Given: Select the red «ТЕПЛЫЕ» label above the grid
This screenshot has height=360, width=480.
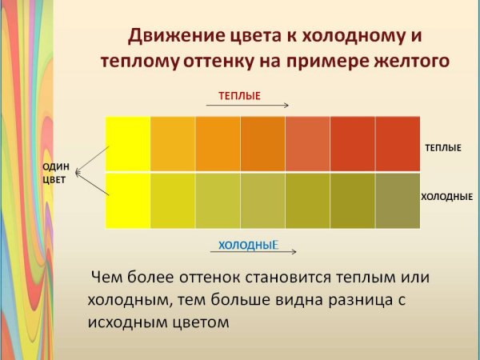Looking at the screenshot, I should pos(240,95).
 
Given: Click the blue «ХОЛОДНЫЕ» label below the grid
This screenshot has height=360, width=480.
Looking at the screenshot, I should pos(248,245).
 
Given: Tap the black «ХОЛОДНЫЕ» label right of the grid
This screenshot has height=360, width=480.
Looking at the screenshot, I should pos(447,196).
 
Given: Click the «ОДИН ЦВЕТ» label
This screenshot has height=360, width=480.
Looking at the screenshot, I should pos(56,174).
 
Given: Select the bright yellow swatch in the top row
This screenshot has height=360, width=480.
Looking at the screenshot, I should pos(128,144).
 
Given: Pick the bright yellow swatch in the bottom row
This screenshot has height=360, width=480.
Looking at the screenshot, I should pos(128,201).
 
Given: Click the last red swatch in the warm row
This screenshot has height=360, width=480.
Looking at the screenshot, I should pos(398,144).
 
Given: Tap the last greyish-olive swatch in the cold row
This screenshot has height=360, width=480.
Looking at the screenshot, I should pos(398,201).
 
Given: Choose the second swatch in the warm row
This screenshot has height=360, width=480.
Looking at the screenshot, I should pos(173,144).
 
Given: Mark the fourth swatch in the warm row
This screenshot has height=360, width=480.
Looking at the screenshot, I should pos(262,144).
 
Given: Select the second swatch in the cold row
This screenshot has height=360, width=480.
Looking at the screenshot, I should pos(173,201).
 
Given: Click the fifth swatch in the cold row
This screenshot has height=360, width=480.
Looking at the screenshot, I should pos(307,201).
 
